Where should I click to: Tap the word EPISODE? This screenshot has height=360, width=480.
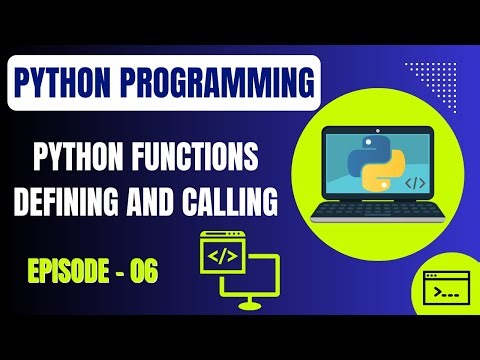[65, 269]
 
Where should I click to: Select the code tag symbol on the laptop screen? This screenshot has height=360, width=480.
[413, 184]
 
